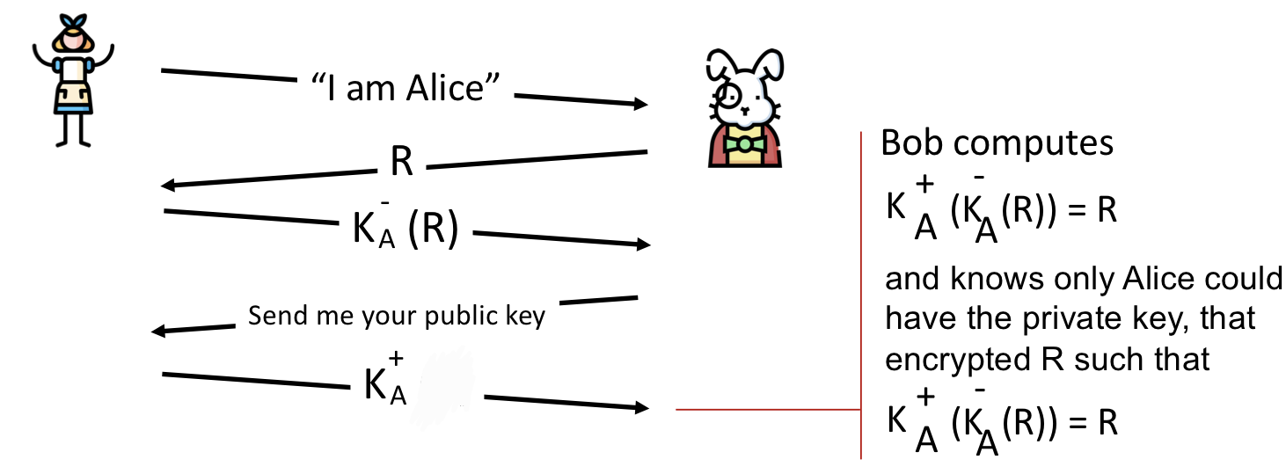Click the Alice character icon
click(x=72, y=80)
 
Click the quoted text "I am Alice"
click(x=406, y=88)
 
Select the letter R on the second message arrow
click(x=401, y=163)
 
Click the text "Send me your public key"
click(x=397, y=317)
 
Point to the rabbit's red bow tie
click(x=745, y=142)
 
